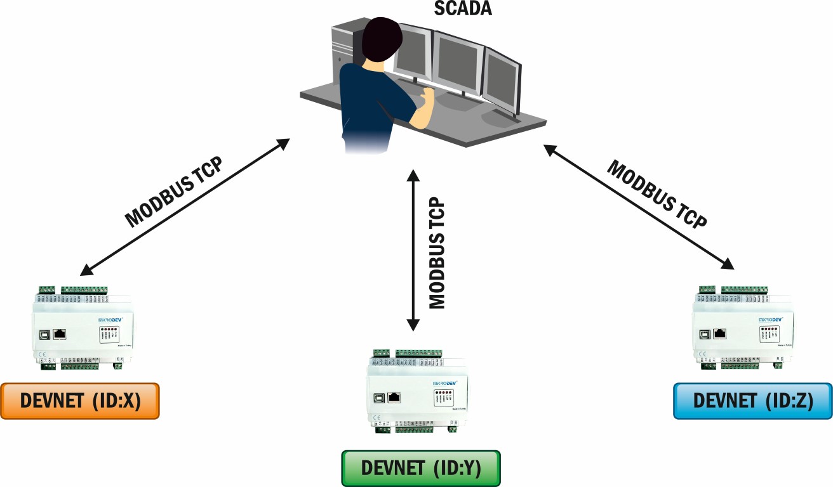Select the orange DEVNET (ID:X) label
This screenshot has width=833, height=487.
tap(79, 401)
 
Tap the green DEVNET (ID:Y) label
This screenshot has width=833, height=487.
tap(421, 468)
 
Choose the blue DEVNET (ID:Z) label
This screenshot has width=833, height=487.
tap(752, 401)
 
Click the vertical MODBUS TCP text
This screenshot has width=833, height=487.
tap(437, 254)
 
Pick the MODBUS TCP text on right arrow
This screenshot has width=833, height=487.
tap(657, 193)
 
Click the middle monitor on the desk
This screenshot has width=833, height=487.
tap(458, 63)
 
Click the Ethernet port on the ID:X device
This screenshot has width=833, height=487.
tap(60, 334)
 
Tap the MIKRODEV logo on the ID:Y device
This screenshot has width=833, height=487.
tap(449, 383)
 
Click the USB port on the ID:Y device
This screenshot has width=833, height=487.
tap(378, 398)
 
